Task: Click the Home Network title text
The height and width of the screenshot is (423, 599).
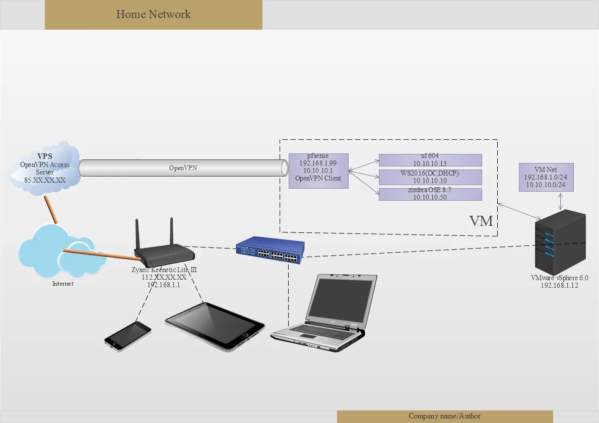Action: (x=154, y=14)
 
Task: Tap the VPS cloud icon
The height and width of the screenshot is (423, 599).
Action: (x=44, y=166)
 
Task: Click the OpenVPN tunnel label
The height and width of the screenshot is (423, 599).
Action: (x=183, y=168)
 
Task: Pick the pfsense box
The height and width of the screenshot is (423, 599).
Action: (x=318, y=171)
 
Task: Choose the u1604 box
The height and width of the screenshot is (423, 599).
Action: (x=430, y=160)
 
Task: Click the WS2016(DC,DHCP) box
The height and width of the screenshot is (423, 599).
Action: (x=430, y=177)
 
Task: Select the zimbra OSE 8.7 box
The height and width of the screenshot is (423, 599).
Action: (x=430, y=194)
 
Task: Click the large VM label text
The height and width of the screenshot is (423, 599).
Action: (x=481, y=221)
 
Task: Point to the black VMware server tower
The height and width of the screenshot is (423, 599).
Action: (x=560, y=241)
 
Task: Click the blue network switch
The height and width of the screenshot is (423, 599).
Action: (x=271, y=250)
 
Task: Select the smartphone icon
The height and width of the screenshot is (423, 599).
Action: (x=127, y=335)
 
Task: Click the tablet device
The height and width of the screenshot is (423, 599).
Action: (x=215, y=325)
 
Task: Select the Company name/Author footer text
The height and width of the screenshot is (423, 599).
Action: (x=444, y=416)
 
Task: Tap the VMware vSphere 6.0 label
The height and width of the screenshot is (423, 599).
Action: (x=559, y=278)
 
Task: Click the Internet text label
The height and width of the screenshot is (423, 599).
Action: (x=63, y=284)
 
